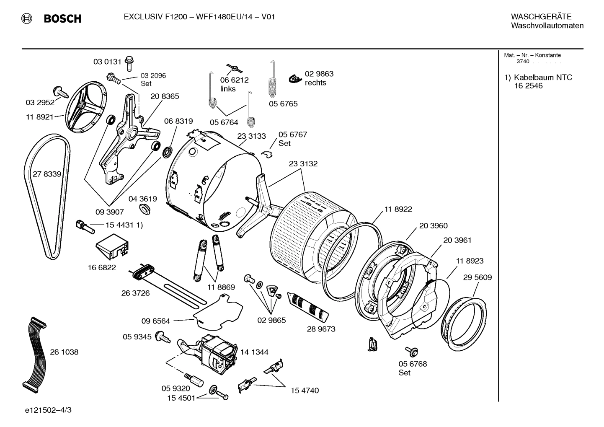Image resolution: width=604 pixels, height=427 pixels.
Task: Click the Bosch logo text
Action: (x=62, y=18)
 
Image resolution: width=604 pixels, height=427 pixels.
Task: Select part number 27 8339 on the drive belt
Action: (x=47, y=174)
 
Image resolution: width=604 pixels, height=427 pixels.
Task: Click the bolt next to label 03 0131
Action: (x=129, y=63)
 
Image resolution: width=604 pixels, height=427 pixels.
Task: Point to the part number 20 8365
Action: (x=165, y=96)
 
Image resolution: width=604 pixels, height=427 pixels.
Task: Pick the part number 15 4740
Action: (x=305, y=391)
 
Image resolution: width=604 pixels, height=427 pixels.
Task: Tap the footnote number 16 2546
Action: (x=528, y=86)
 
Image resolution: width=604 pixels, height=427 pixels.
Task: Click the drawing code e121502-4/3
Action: (x=48, y=410)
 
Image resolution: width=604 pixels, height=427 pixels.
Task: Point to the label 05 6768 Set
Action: (x=413, y=368)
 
